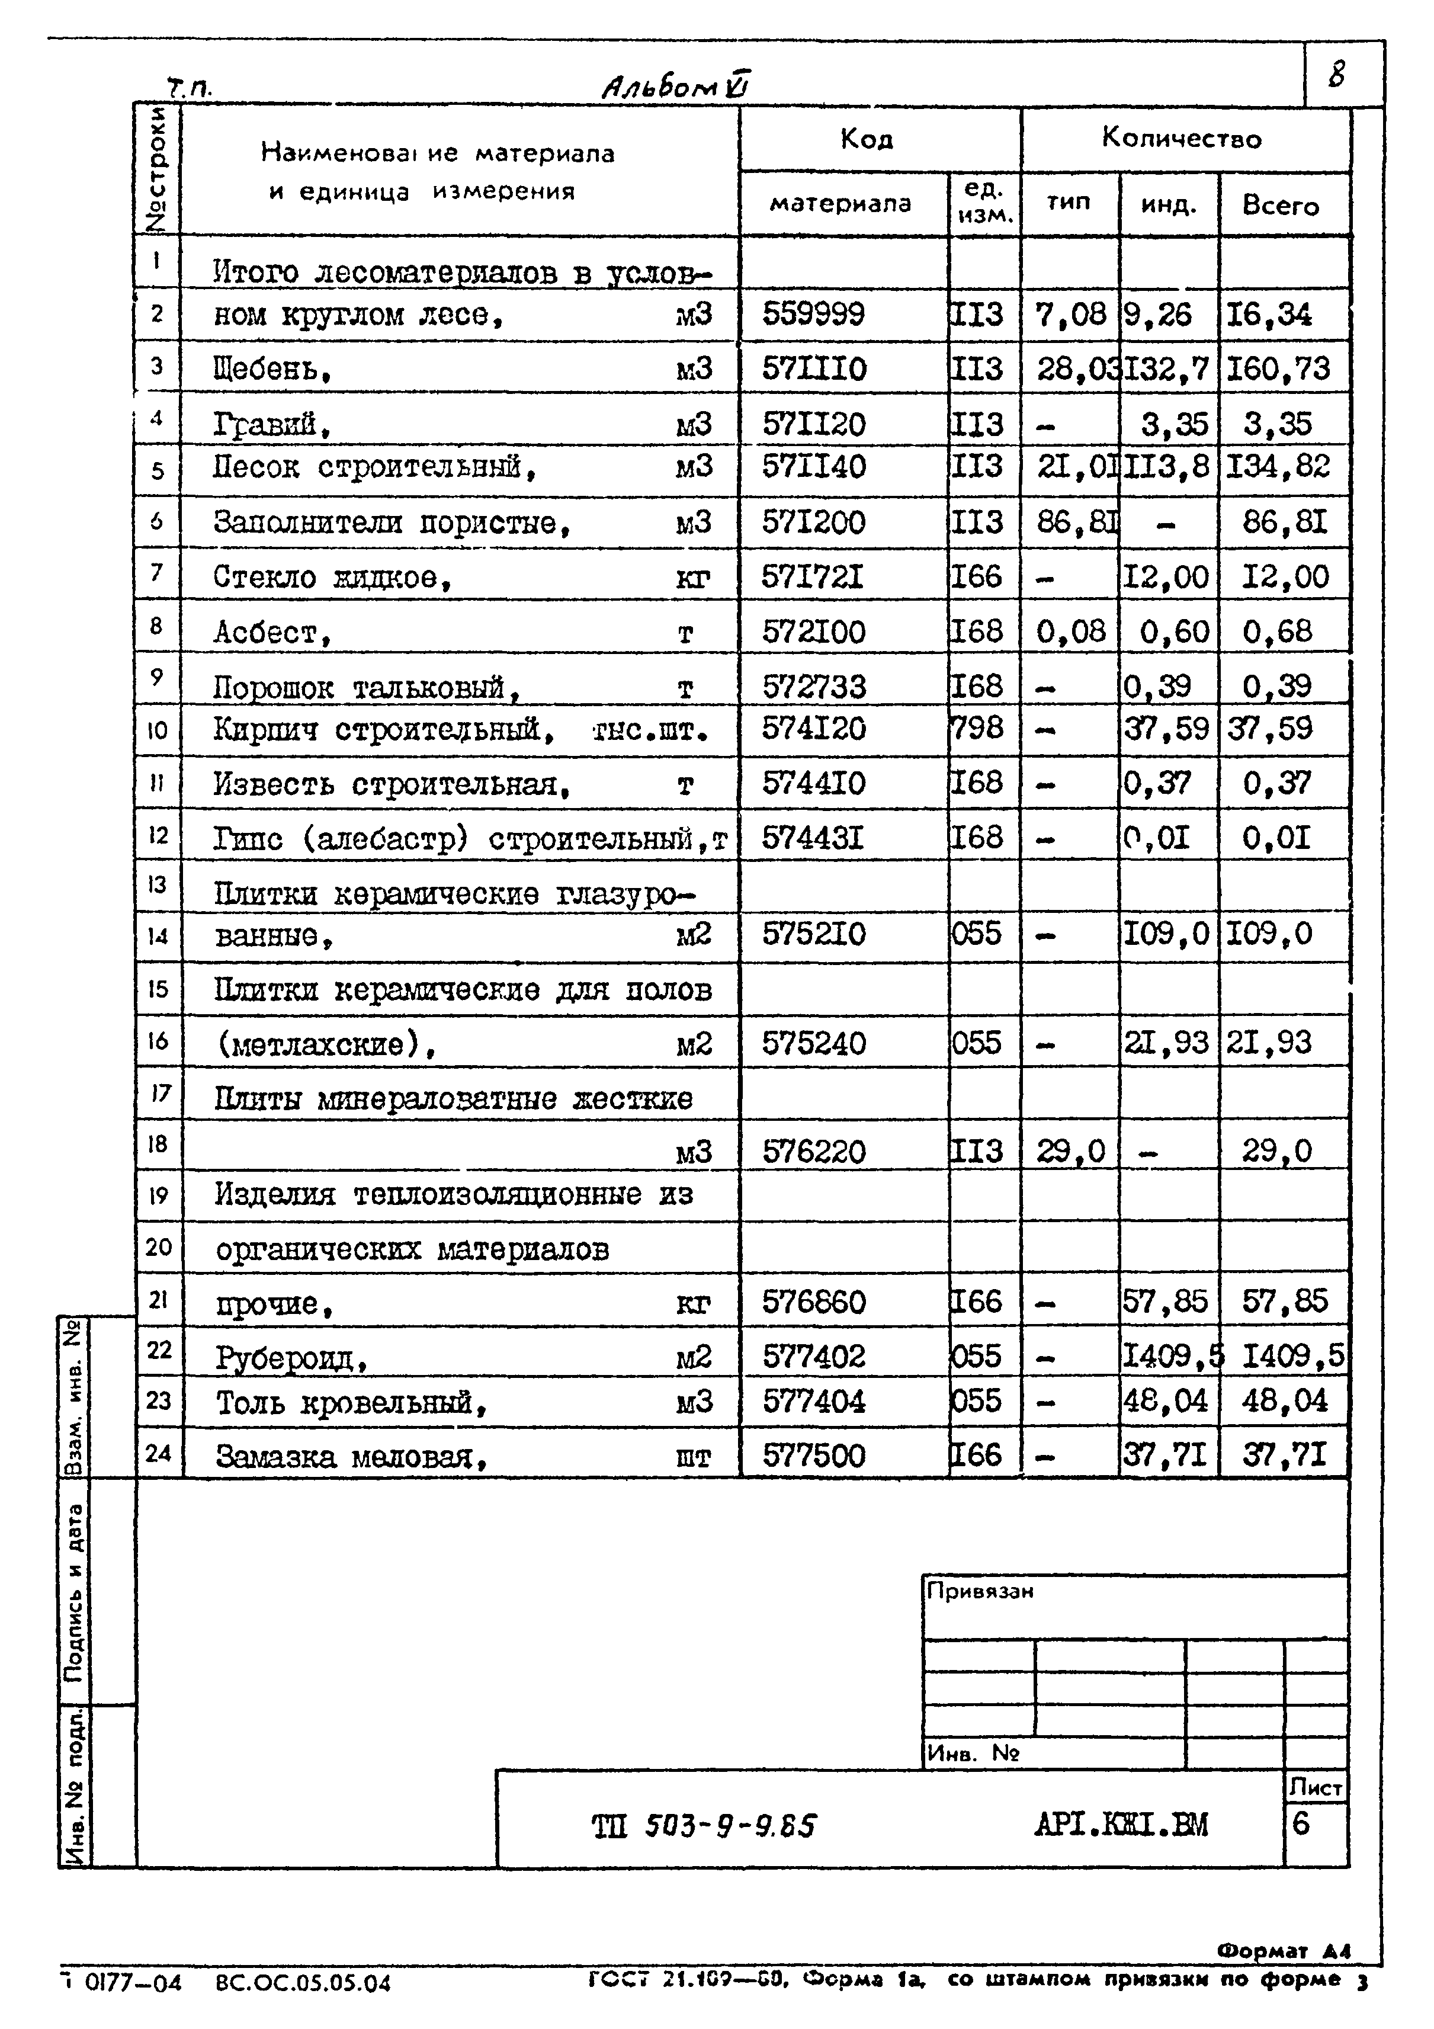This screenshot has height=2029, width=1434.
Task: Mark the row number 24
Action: click(x=158, y=1452)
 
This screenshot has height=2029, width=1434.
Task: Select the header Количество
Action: click(x=1181, y=138)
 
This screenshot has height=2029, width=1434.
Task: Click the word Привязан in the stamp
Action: click(x=980, y=1591)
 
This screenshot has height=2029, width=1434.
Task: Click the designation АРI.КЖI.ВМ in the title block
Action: click(x=1119, y=1824)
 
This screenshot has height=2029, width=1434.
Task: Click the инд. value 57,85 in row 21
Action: click(x=1164, y=1301)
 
